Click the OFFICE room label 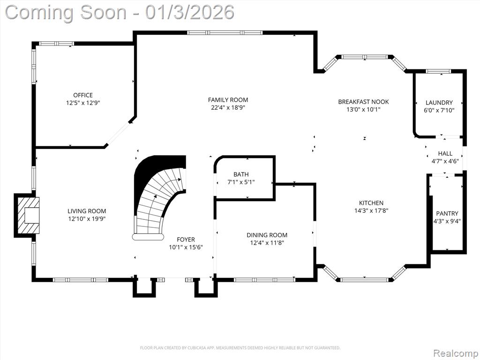click(x=82, y=95)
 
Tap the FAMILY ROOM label click(x=228, y=100)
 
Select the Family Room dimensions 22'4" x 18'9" click(x=228, y=107)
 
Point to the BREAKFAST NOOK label click(x=363, y=102)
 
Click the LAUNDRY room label click(x=439, y=103)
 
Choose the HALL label click(x=445, y=153)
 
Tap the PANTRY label click(x=447, y=213)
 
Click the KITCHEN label click(x=371, y=202)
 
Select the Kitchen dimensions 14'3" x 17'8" click(x=371, y=210)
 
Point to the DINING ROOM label click(x=267, y=235)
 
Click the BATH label click(x=241, y=174)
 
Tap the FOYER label click(x=186, y=240)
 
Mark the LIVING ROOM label click(x=87, y=211)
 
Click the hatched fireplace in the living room click(x=27, y=216)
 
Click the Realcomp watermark click(x=456, y=353)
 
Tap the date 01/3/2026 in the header click(x=190, y=12)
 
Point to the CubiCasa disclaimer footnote click(x=240, y=348)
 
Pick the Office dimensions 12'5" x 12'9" click(x=82, y=103)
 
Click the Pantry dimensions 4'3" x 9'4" click(x=447, y=221)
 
